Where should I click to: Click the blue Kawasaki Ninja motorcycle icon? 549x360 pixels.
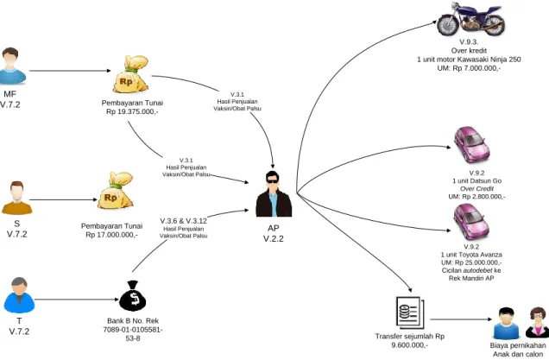(471, 19)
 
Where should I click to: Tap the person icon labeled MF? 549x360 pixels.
(11, 66)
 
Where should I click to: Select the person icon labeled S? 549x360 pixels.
(16, 198)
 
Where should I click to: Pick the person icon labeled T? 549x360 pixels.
(19, 295)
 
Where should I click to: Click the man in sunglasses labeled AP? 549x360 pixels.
(274, 194)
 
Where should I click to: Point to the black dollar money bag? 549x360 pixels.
(133, 296)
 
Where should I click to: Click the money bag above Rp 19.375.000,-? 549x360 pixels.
(130, 74)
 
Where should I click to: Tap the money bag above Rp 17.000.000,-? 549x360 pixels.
(115, 191)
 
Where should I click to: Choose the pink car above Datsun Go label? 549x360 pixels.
(471, 145)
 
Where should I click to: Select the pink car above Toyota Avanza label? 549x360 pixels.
(471, 222)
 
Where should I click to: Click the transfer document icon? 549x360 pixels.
(410, 313)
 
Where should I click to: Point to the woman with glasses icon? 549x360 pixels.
(537, 322)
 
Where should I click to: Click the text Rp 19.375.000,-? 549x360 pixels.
(132, 111)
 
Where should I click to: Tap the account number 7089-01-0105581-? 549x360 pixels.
(133, 330)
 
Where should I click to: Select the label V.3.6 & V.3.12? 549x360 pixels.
(184, 221)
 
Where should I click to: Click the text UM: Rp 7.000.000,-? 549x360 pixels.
(469, 68)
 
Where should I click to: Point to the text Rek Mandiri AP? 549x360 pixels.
(471, 278)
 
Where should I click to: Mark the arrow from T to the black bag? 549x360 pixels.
(77, 300)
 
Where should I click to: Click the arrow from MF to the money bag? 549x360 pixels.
(70, 71)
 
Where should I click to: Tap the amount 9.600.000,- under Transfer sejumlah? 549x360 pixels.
(410, 345)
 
